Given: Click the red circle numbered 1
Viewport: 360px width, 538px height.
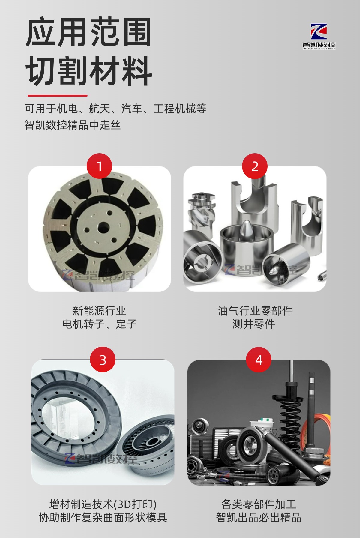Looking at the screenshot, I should [99, 166].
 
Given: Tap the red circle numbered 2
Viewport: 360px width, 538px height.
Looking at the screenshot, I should [255, 166].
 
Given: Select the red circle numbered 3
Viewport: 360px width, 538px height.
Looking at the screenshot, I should [103, 360].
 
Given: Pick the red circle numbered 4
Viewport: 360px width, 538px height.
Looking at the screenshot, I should [259, 360].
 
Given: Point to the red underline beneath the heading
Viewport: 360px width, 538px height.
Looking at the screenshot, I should [57, 96].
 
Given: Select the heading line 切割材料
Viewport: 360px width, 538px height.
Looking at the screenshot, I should [88, 71].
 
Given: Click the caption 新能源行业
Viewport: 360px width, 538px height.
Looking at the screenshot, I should [99, 311].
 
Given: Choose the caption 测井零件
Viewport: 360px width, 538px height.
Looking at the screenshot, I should [254, 324].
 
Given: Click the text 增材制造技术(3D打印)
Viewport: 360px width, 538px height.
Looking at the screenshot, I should [103, 504].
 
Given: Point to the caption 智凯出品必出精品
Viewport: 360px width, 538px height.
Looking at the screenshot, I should [258, 517].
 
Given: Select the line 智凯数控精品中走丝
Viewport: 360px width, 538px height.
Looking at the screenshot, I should [73, 125].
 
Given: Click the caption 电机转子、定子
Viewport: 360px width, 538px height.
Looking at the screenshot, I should [99, 324].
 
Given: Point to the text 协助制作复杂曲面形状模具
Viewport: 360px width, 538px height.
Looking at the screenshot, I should [103, 517].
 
